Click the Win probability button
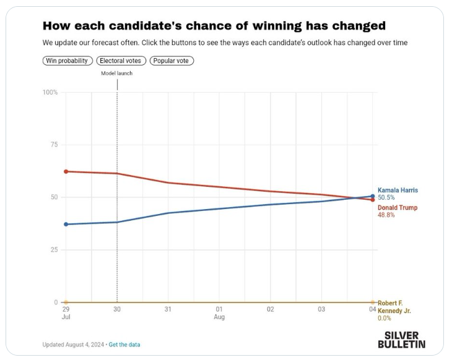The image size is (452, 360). click(x=68, y=61)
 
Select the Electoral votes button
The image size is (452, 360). click(x=121, y=61)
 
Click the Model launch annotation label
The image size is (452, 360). click(x=117, y=73)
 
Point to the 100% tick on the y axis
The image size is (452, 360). click(x=50, y=92)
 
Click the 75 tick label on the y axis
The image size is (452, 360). click(x=53, y=145)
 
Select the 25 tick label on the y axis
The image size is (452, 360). click(x=53, y=250)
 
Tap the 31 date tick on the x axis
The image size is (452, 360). click(x=168, y=308)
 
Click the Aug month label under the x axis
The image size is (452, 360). click(x=219, y=317)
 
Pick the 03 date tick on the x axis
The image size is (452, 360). click(x=321, y=308)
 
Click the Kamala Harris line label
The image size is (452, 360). click(x=398, y=190)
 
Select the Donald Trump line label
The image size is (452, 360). click(x=398, y=208)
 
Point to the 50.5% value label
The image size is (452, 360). click(x=386, y=197)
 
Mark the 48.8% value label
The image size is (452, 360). click(x=386, y=215)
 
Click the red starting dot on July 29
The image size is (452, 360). click(x=66, y=171)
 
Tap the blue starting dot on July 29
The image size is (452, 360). click(x=66, y=224)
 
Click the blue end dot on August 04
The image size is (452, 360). click(x=372, y=196)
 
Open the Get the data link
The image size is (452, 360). click(x=125, y=345)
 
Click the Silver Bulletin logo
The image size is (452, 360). click(x=402, y=339)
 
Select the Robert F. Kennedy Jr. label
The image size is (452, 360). click(x=394, y=307)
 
